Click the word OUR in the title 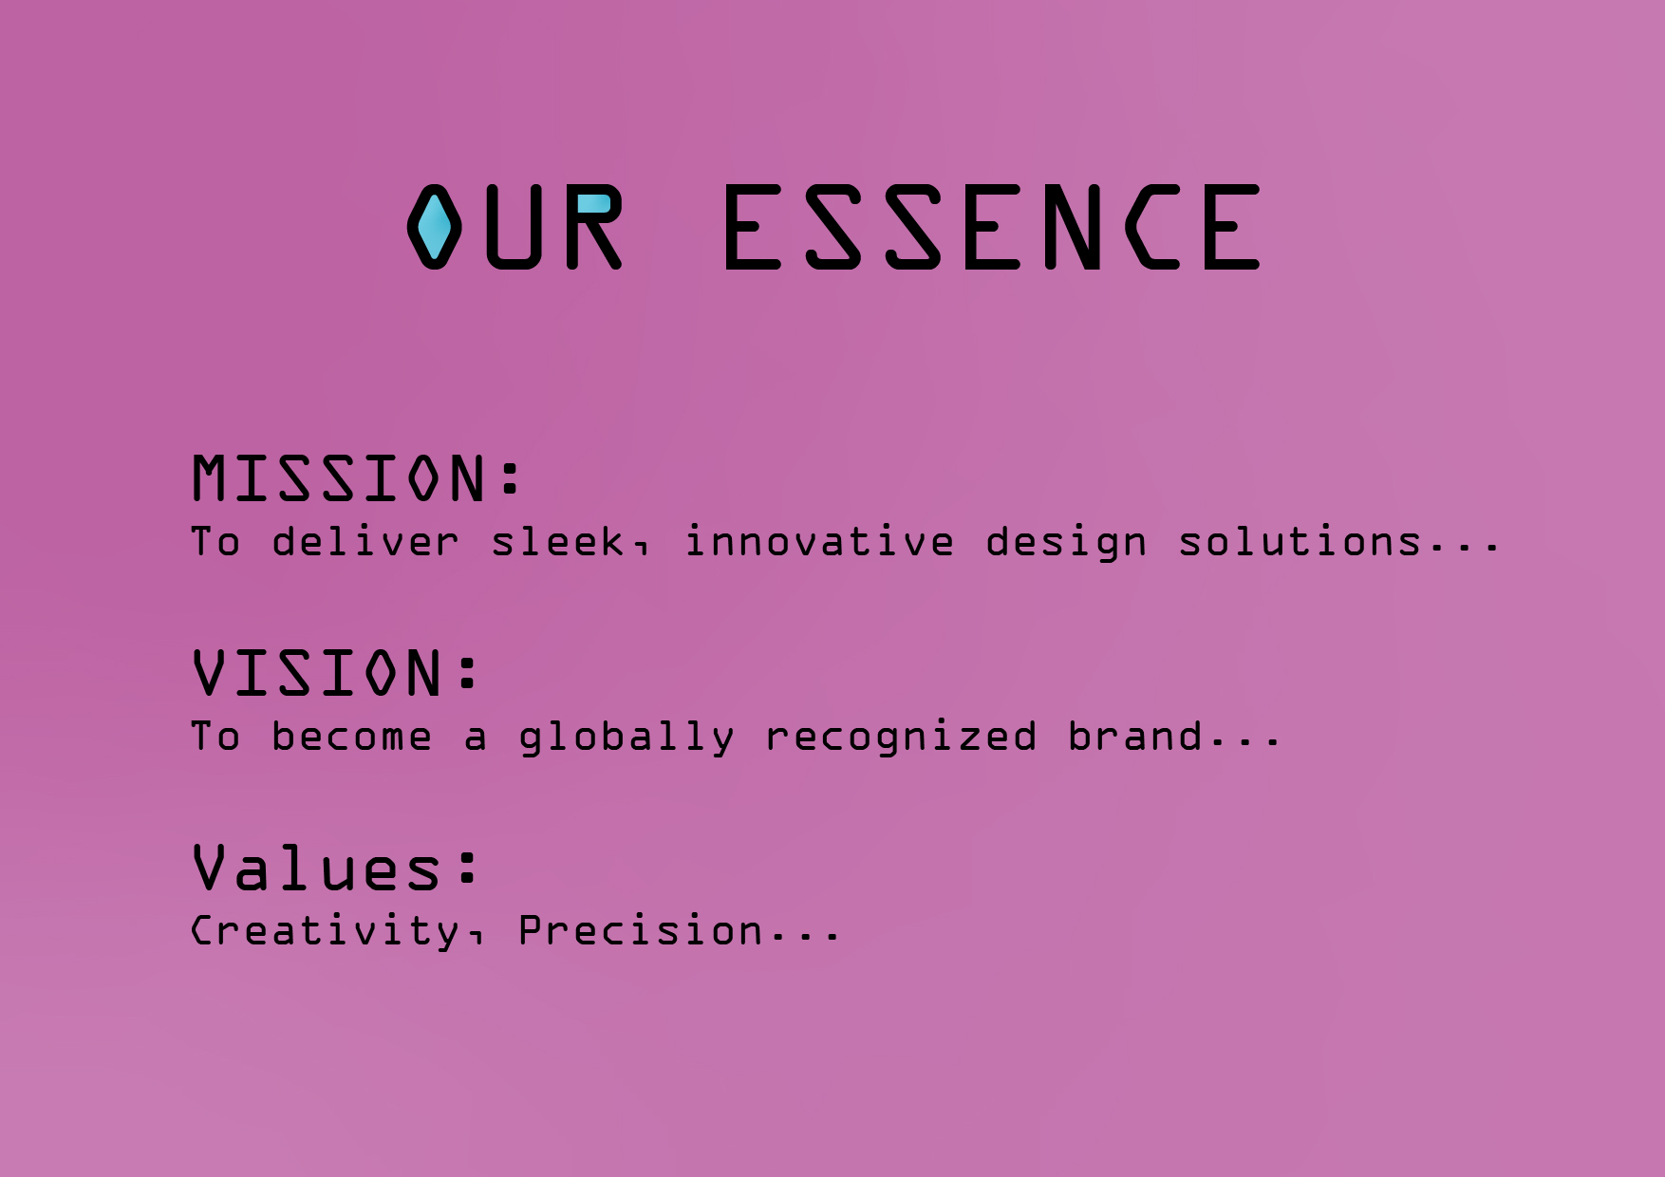[x=515, y=227]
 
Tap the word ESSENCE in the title [x=992, y=227]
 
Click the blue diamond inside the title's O [x=435, y=227]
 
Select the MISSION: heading [x=357, y=477]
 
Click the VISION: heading [x=336, y=672]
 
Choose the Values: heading [x=336, y=867]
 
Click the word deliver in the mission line [x=365, y=542]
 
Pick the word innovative [x=819, y=542]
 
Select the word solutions [x=1300, y=542]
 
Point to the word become [x=351, y=737]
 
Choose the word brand [x=1135, y=737]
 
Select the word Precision [x=641, y=930]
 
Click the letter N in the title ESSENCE [x=1072, y=227]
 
